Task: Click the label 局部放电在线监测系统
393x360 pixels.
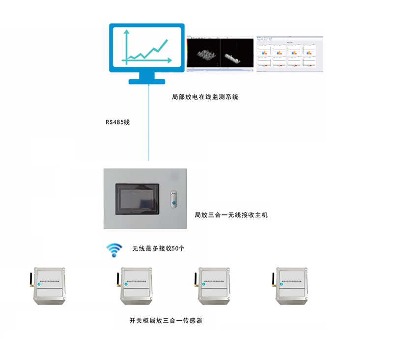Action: (205, 97)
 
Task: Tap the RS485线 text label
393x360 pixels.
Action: (117, 122)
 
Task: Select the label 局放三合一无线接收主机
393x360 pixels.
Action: (231, 215)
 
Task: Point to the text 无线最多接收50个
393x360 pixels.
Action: (158, 249)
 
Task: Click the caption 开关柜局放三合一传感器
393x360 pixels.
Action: (166, 321)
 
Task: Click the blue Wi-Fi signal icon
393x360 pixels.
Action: (114, 250)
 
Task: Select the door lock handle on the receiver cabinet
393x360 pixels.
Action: (172, 200)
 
